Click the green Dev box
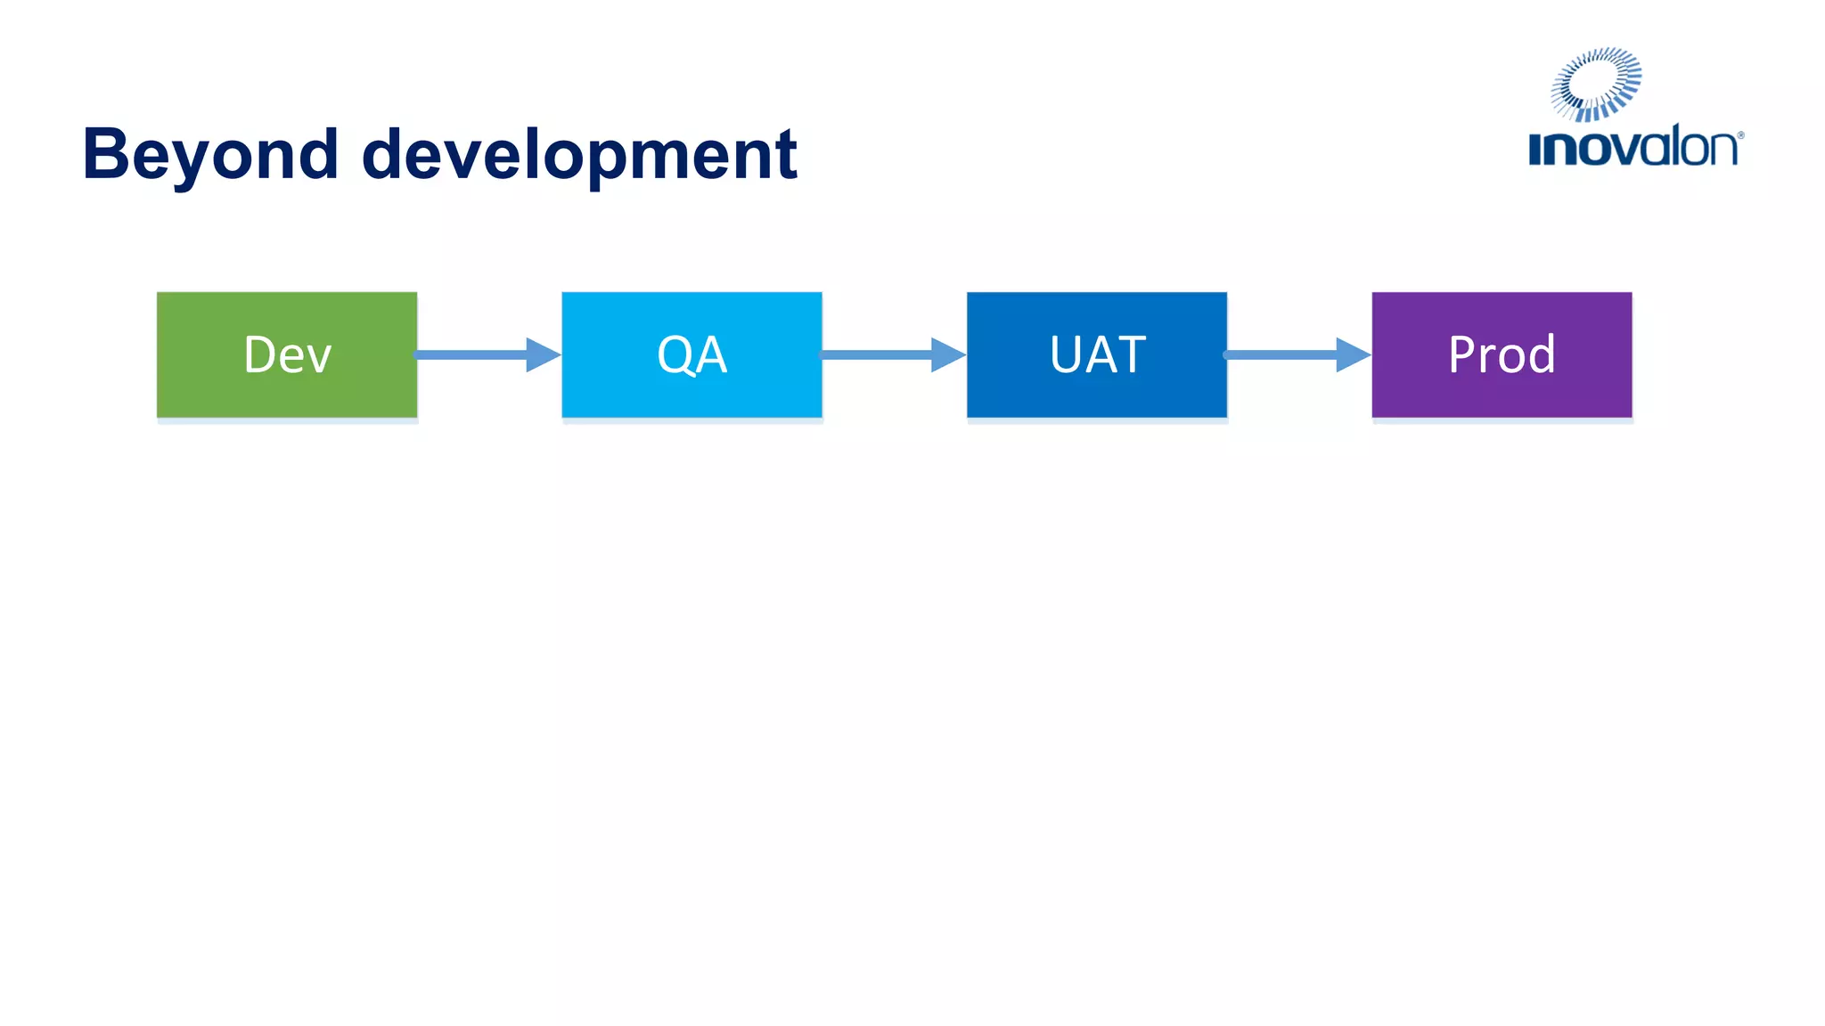pos(286,354)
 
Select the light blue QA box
pos(692,354)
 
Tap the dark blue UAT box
pos(1096,354)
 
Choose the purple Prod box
pos(1502,354)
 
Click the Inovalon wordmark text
pos(1633,148)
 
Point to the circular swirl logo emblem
pos(1596,84)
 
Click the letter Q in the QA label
pos(675,355)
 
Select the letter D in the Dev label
pos(261,354)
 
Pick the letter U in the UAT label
pos(1066,354)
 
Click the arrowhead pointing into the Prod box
pos(1352,354)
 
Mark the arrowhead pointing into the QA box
pos(542,354)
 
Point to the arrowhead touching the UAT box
pos(946,354)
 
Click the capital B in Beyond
pos(105,154)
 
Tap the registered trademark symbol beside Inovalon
pos(1740,135)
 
